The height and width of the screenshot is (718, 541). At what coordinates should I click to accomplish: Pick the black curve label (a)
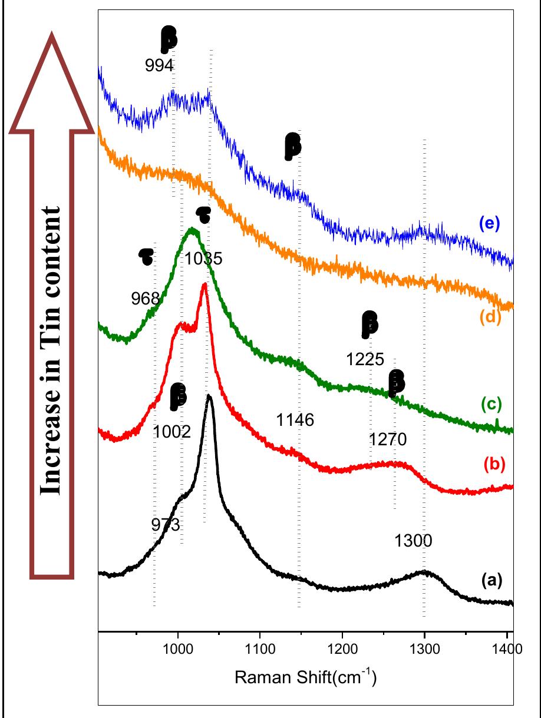492,581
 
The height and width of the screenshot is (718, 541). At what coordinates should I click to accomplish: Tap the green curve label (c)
491,404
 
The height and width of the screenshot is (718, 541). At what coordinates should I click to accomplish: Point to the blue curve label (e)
489,224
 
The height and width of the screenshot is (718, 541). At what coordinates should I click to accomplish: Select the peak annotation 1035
203,259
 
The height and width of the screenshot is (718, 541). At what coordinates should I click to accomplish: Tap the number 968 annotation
146,299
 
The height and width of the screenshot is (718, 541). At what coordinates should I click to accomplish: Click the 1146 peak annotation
295,420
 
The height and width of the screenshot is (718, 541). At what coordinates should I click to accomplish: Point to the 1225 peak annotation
365,359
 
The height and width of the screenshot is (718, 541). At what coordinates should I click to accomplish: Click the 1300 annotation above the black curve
414,541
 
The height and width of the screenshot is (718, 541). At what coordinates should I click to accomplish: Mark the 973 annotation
166,524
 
